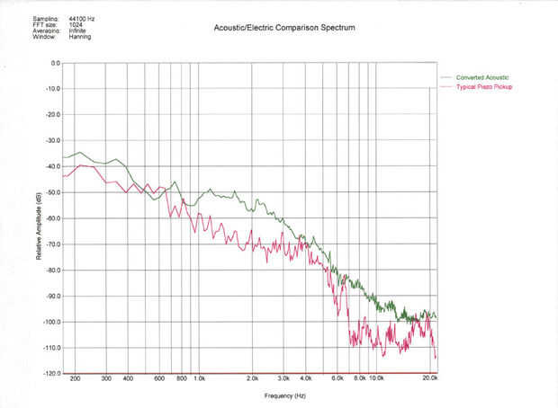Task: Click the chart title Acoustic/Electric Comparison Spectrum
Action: click(x=284, y=29)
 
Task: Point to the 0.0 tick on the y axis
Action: click(x=54, y=63)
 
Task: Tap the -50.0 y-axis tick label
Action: click(x=52, y=192)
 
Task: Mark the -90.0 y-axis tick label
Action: click(x=52, y=297)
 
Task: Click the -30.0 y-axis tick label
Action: click(x=52, y=141)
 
